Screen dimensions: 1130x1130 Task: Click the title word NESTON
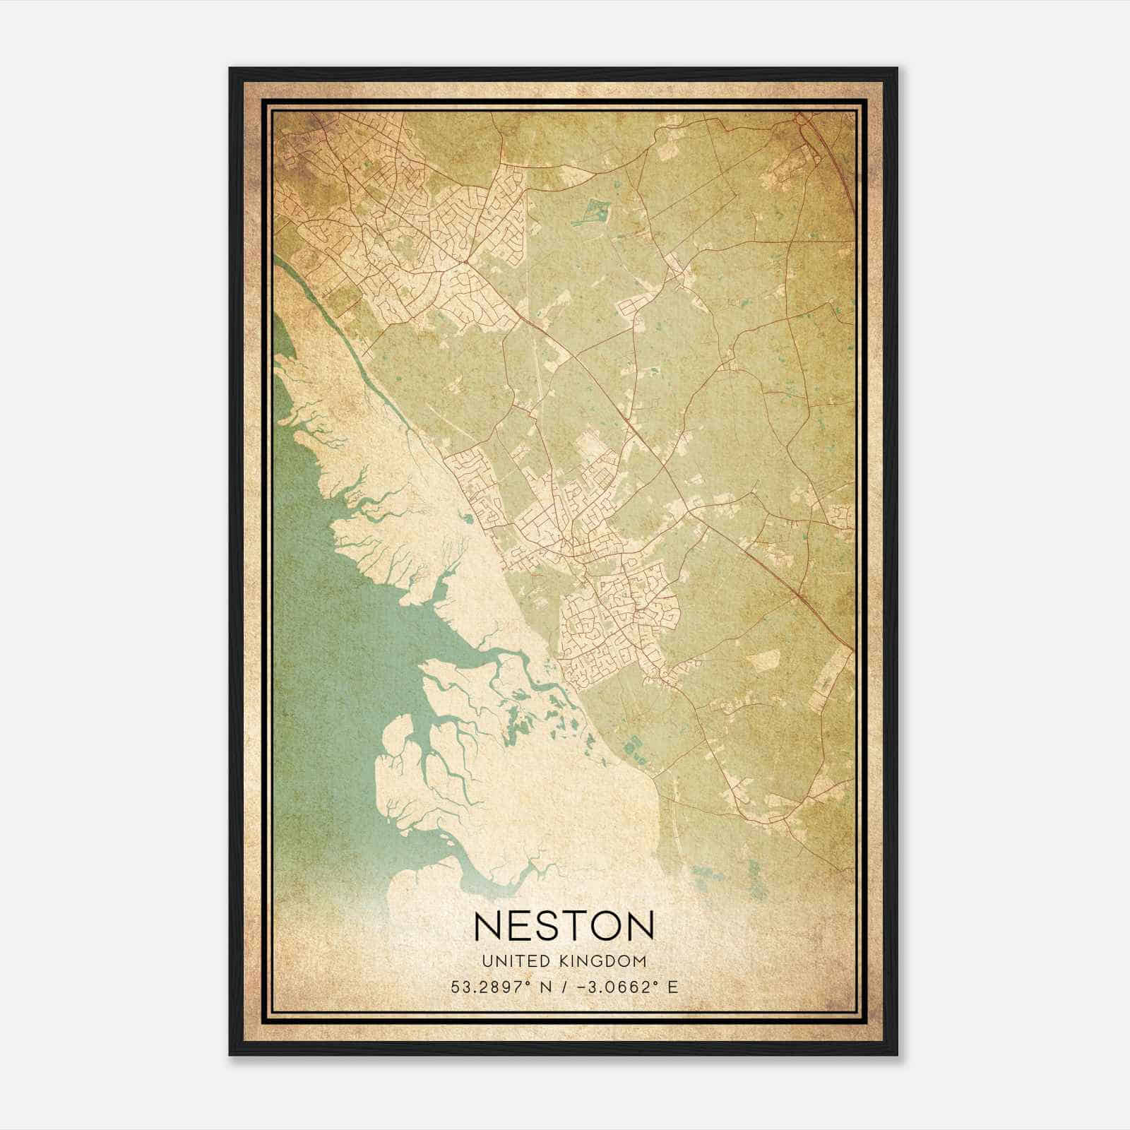coord(564,925)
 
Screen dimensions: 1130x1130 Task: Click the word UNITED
coord(516,961)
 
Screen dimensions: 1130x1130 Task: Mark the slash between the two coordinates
coord(563,987)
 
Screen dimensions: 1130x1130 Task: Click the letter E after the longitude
coord(672,987)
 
